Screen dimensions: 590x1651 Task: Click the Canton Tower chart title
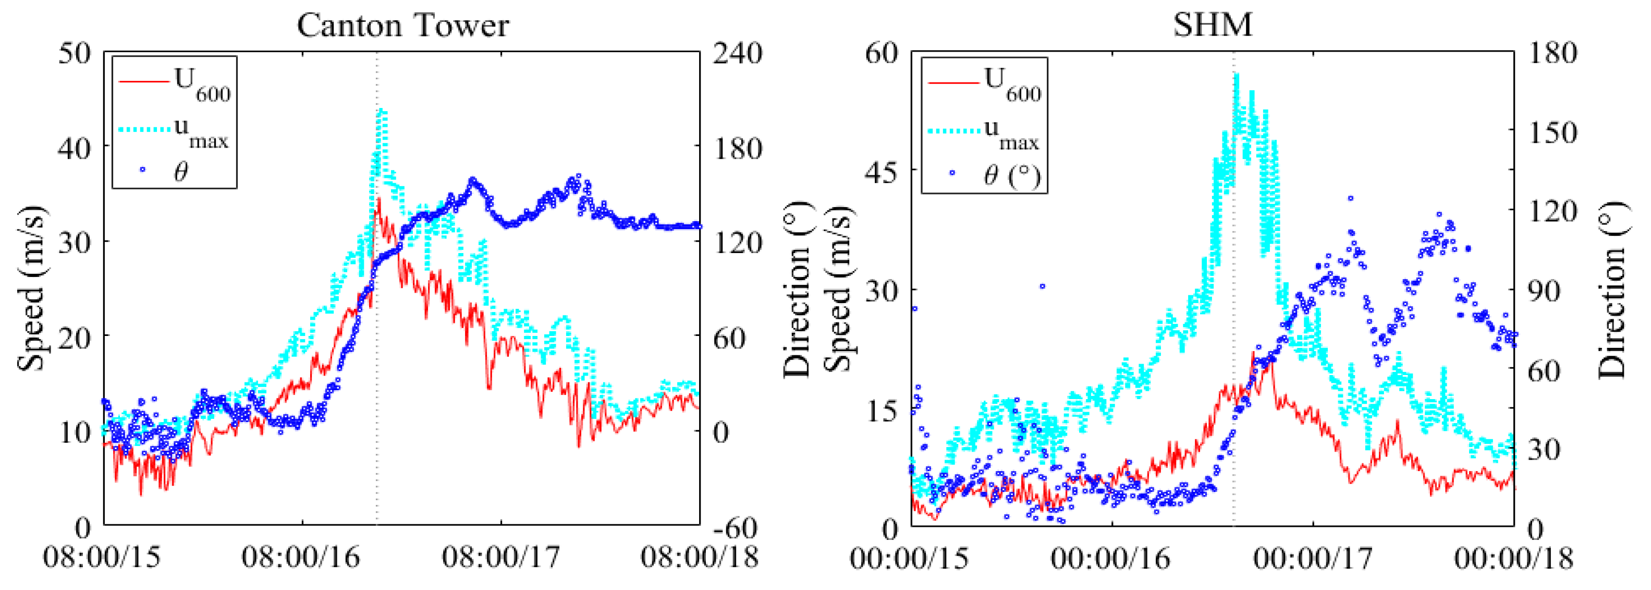[402, 26]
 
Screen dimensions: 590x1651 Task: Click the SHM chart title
[1212, 26]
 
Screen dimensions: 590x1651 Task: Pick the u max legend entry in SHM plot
[984, 135]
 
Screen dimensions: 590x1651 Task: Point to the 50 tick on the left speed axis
[75, 53]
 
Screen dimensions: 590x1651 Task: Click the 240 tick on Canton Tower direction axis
[738, 53]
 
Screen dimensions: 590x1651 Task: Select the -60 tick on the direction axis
[735, 528]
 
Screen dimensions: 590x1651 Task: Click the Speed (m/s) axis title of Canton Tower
[31, 288]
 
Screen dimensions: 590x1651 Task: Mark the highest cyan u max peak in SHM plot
[1237, 76]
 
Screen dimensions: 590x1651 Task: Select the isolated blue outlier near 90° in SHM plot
[1042, 286]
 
